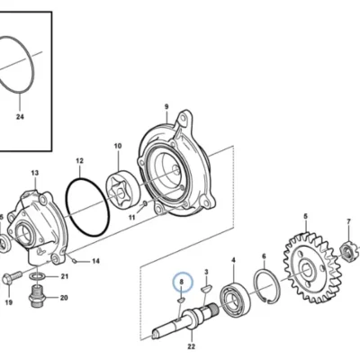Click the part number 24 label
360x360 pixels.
point(20,117)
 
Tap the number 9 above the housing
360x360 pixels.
point(166,106)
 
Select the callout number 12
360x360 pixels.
point(79,161)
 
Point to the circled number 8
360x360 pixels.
point(181,282)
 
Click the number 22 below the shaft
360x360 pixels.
point(192,347)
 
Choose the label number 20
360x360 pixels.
point(64,298)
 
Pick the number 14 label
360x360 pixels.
point(95,261)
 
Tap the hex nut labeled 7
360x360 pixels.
point(348,248)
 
